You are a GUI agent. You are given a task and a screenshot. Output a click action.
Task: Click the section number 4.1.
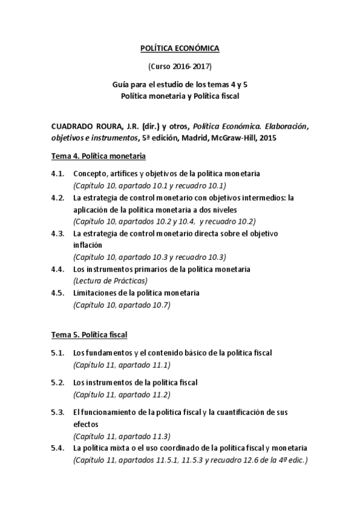tap(58, 174)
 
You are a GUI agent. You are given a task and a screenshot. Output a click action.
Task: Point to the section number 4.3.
tap(58, 233)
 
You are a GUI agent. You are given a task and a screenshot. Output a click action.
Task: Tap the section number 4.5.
tap(58, 293)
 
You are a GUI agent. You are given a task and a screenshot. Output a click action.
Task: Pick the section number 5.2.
tap(58, 382)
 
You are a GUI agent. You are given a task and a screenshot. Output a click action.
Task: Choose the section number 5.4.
tap(58, 448)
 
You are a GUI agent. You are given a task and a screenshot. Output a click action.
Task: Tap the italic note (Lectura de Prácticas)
tap(111, 281)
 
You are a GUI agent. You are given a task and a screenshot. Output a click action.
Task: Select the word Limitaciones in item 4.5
tap(96, 293)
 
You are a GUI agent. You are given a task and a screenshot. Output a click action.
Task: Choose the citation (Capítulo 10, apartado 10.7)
tap(122, 305)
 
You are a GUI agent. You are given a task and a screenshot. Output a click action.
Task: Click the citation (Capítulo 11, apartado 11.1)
tap(122, 365)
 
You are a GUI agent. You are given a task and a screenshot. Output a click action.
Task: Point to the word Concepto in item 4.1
tap(91, 174)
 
